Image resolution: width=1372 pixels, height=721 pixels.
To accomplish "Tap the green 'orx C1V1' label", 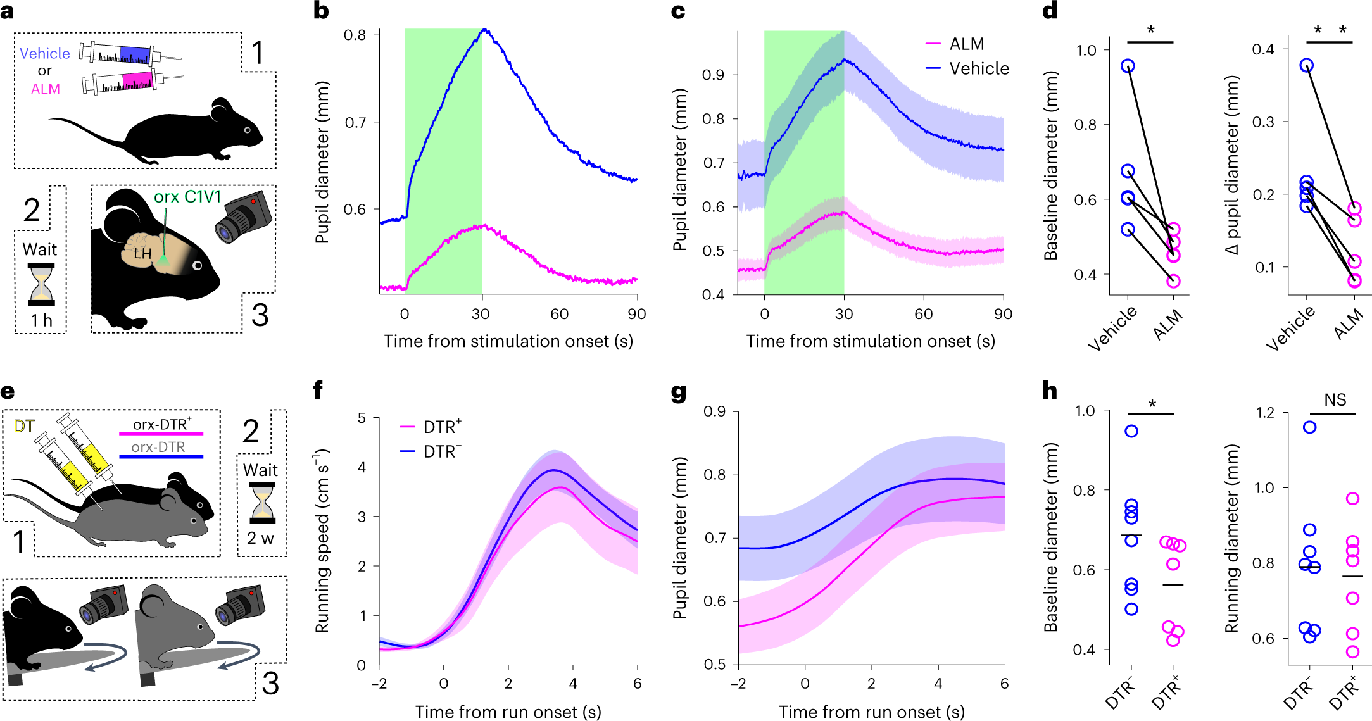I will [x=187, y=197].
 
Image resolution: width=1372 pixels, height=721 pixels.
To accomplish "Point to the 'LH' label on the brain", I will [x=142, y=254].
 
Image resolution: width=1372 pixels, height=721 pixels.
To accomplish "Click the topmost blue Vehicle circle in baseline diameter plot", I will [x=1128, y=66].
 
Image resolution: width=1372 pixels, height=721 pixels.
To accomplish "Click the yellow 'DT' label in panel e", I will [x=23, y=427].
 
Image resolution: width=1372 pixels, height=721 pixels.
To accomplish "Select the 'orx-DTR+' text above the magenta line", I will [x=161, y=424].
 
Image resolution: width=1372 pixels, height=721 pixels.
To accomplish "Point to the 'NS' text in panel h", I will [x=1335, y=400].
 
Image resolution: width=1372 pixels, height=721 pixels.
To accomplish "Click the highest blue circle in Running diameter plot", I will [x=1309, y=427].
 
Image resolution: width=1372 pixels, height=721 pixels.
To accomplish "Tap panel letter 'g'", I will [x=678, y=392].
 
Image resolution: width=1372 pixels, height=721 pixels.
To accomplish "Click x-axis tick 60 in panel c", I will [x=923, y=314].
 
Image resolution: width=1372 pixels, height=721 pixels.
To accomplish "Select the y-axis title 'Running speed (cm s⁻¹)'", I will [x=322, y=541].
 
